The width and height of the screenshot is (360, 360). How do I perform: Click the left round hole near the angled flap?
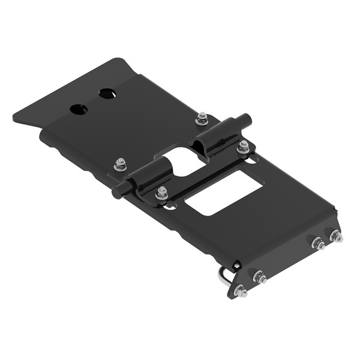(79, 109)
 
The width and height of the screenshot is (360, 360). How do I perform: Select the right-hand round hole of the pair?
(107, 94)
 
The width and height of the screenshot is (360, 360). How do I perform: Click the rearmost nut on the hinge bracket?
(202, 119)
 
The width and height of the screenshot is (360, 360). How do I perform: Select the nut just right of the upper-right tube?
(243, 146)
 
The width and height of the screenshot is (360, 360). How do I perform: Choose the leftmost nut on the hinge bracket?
(121, 163)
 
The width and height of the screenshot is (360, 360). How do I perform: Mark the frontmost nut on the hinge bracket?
(161, 193)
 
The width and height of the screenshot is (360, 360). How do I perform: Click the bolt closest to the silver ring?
(241, 292)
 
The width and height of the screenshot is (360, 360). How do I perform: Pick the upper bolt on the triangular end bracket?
(260, 277)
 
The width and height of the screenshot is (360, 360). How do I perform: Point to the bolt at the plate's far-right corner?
(335, 236)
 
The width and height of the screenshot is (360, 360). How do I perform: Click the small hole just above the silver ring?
(236, 265)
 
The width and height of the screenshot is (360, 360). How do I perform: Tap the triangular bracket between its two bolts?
(250, 284)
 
